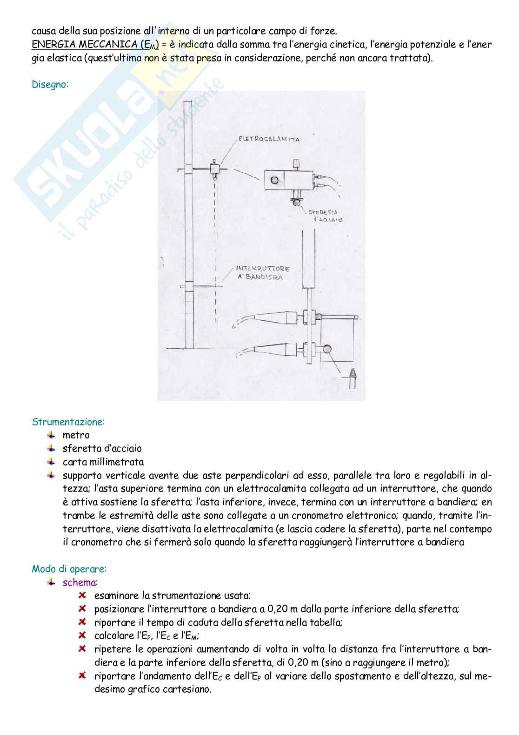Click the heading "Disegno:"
click(x=50, y=85)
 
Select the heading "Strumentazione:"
click(x=68, y=422)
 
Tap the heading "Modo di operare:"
click(x=69, y=569)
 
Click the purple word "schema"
click(x=80, y=583)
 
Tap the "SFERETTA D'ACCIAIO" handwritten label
click(x=325, y=215)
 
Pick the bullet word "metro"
click(x=76, y=436)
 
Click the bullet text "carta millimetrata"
click(x=103, y=462)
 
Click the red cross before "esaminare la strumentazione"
click(x=82, y=595)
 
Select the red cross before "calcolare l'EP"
click(x=82, y=635)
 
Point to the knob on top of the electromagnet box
click(x=296, y=164)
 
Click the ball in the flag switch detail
click(x=328, y=349)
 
